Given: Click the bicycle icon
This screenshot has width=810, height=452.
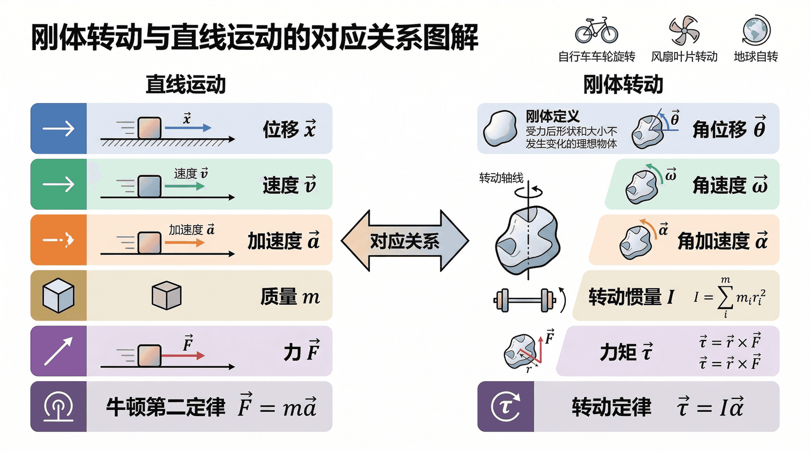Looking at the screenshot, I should coord(596,30).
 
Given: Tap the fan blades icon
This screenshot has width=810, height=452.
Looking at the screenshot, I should coord(684,30).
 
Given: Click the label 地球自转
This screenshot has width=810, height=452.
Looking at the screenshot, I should coord(756,56).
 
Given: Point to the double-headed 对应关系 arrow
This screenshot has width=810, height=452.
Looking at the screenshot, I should coord(405,241).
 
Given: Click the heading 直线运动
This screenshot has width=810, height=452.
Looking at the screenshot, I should coord(186,84).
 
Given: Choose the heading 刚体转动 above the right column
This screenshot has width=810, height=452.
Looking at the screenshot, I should coord(623,84).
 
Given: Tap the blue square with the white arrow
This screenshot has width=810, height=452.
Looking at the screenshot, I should coord(59,129).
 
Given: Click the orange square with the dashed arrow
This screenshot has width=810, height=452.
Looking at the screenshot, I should coord(59,240).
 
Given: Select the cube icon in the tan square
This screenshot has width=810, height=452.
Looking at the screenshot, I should coord(59,296).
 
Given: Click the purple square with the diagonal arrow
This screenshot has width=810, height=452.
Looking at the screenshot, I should coord(59,351).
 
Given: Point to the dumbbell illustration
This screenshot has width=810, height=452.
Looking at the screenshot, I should coord(525,300).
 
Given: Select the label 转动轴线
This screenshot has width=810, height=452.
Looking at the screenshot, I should coord(501,178).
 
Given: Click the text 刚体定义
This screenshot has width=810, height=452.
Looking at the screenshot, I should coord(552,116).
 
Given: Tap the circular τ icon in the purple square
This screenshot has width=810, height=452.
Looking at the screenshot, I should coord(505,407).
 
